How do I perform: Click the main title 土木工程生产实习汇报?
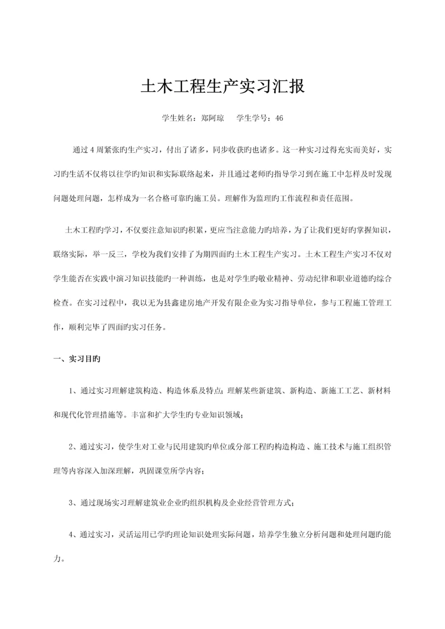coord(222,87)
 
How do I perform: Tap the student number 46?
coord(279,118)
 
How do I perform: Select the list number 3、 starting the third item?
coord(74,503)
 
